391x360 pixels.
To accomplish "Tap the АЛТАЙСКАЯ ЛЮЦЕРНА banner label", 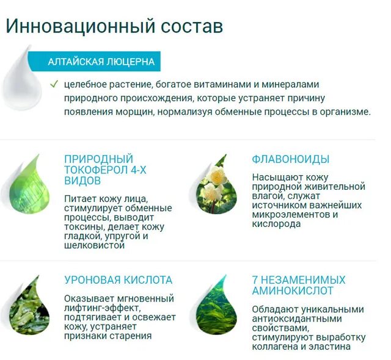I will [101, 62].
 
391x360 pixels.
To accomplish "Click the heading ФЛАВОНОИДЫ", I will [291, 159].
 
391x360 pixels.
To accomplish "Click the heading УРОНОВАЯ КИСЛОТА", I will [119, 280].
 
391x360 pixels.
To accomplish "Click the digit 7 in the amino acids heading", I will [255, 280].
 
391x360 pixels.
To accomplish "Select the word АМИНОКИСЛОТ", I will [293, 291].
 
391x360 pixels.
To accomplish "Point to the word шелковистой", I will [95, 245].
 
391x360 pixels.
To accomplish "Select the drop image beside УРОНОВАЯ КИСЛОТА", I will [29, 304].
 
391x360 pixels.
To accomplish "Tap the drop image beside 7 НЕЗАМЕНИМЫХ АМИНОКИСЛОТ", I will [216, 304].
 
